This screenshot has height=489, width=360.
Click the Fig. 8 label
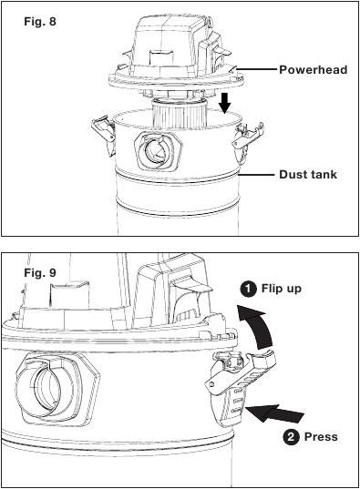click(x=40, y=22)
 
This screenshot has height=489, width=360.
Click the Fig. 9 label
click(x=40, y=273)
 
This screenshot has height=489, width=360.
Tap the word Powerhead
click(x=314, y=69)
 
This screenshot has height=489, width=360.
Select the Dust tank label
click(x=308, y=174)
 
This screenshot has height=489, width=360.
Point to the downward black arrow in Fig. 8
click(x=225, y=103)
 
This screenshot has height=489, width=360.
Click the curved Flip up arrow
click(x=257, y=327)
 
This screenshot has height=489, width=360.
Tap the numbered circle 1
click(x=248, y=289)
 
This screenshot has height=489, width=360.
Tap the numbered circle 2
click(x=291, y=436)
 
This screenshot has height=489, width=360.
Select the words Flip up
click(x=282, y=289)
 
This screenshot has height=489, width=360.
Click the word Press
click(x=321, y=436)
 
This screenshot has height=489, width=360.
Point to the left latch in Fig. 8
click(x=103, y=134)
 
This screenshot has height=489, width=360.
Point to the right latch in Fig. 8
click(x=247, y=140)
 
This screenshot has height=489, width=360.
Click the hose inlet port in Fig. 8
click(x=158, y=150)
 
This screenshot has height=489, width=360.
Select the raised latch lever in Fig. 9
click(x=241, y=372)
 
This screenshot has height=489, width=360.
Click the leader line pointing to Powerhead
click(x=257, y=68)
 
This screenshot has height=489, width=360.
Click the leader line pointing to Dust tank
click(x=258, y=175)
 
